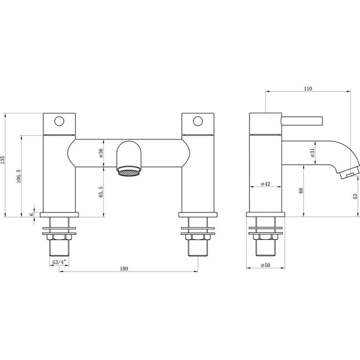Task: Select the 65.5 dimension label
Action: [101, 192]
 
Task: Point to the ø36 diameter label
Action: [101, 152]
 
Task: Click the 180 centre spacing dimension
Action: [123, 268]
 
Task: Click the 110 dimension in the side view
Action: [307, 88]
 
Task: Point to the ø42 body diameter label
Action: [266, 184]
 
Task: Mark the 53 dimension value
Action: [355, 196]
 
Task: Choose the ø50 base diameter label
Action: [265, 265]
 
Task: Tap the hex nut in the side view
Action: [265, 237]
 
